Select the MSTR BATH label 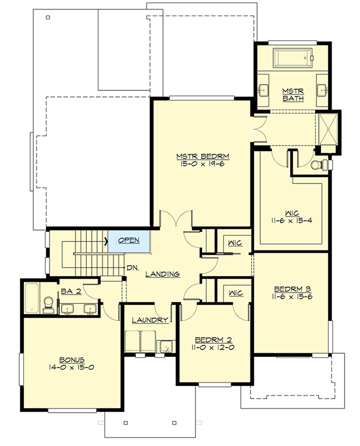coord(294,95)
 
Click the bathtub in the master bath coord(293,59)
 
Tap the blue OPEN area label coord(128,240)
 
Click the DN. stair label coord(133,267)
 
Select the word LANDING coord(162,274)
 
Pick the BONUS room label coord(71,360)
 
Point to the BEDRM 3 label coord(292,287)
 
